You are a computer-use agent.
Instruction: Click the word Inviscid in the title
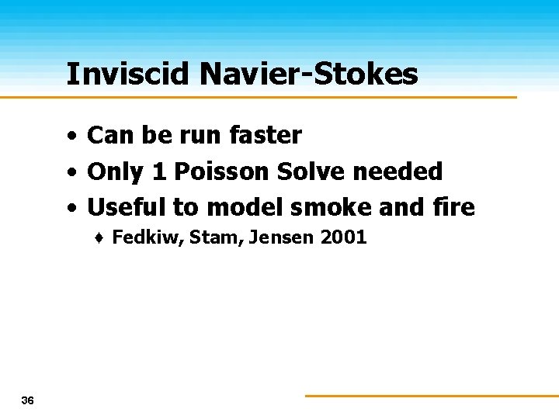128,74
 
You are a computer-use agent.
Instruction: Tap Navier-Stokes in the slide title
308,74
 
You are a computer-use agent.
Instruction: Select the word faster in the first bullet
266,136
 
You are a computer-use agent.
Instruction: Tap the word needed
403,171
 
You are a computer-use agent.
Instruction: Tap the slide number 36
28,400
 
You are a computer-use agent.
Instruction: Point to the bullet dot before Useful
71,208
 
